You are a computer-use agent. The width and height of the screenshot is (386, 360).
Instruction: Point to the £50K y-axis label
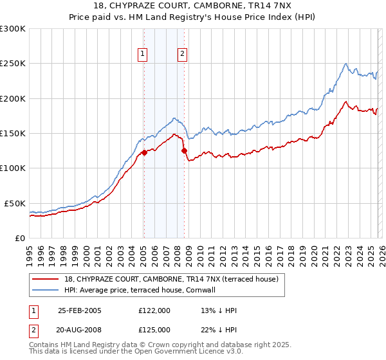15,203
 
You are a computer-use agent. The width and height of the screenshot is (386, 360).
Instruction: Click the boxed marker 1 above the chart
142,54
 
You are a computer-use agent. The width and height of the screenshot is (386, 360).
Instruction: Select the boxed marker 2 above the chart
183,54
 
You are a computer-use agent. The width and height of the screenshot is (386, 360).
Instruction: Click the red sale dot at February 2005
144,153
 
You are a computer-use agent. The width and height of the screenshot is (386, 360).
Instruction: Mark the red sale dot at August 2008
184,150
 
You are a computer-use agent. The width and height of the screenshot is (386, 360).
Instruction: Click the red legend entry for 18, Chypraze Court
170,279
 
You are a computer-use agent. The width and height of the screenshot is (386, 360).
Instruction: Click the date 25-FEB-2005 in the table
80,310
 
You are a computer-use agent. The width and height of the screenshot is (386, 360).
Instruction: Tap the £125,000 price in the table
154,329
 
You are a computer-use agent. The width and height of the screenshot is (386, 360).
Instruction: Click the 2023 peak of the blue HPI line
346,64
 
